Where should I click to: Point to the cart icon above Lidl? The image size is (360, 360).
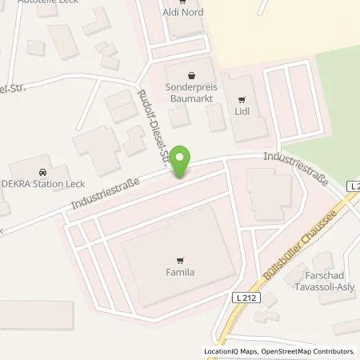point(242,99)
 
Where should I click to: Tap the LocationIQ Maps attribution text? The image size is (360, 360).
point(226,351)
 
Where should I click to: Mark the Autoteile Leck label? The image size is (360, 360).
point(32,2)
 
